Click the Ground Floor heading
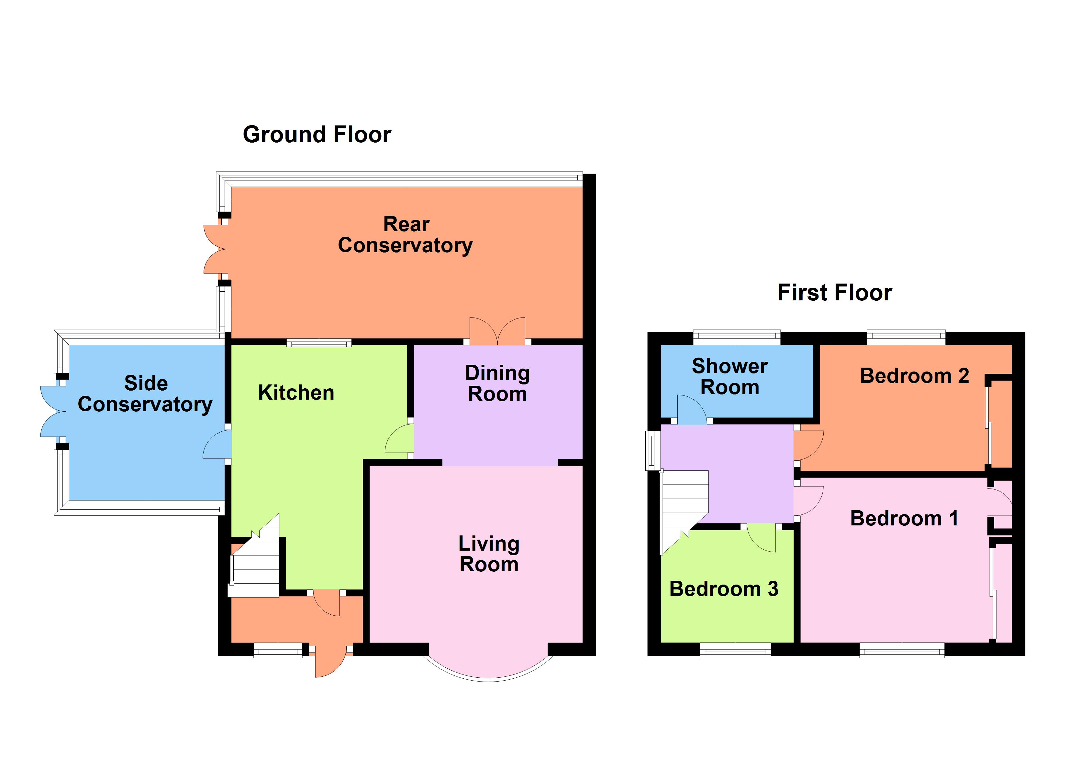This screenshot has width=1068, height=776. click(317, 135)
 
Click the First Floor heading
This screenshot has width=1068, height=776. click(834, 293)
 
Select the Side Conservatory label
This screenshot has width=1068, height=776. click(145, 394)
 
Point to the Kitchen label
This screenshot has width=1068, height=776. click(296, 393)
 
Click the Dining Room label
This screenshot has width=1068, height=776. click(497, 383)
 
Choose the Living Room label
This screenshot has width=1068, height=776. click(489, 554)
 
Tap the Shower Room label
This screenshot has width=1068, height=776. click(729, 376)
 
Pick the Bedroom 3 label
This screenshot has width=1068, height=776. click(723, 589)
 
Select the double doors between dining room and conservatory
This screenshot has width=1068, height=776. click(497, 331)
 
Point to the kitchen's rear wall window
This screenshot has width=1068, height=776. click(319, 343)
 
